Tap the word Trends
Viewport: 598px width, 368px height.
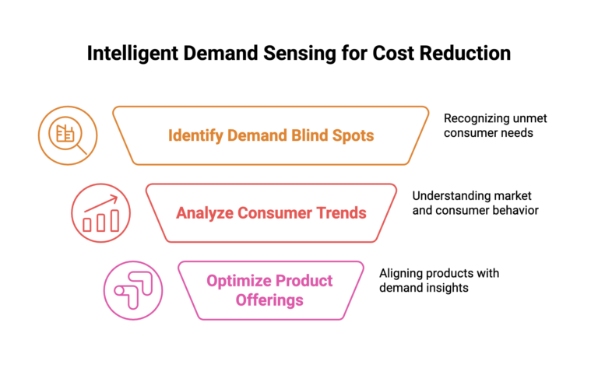[x=339, y=213]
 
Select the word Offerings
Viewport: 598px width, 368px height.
[x=269, y=300]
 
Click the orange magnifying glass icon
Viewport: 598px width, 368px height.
[x=68, y=135]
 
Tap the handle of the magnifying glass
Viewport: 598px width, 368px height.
[x=81, y=148]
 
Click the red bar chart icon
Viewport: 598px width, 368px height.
[x=100, y=213]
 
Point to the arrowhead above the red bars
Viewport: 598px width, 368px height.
[x=115, y=198]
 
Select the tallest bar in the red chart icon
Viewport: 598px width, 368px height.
[x=115, y=220]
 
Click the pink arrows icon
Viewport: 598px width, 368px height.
[x=133, y=290]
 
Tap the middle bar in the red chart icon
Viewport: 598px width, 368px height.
[x=101, y=223]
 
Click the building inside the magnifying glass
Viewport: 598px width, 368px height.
[x=64, y=132]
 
